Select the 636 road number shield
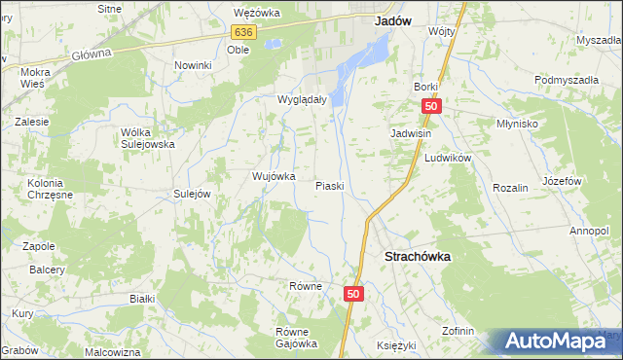coord(243,32)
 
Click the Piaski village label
coord(330,185)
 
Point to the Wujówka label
coord(274,176)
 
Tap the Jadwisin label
coord(412,132)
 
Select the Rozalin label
coord(509,187)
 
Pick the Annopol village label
coord(589,231)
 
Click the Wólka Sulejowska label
coord(147,137)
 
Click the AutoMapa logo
coord(559,342)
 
